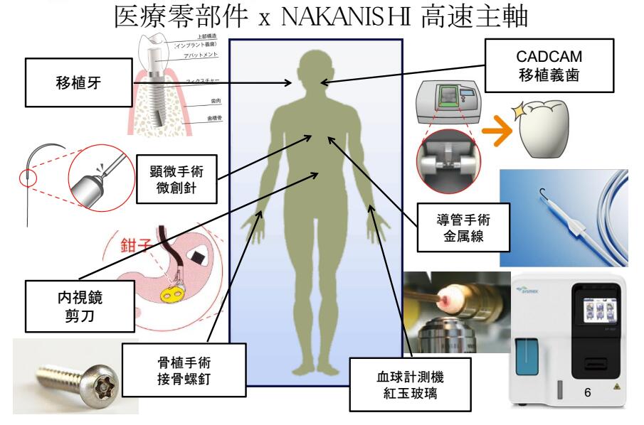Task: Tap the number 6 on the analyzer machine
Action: click(587, 391)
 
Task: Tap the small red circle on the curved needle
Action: click(26, 175)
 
